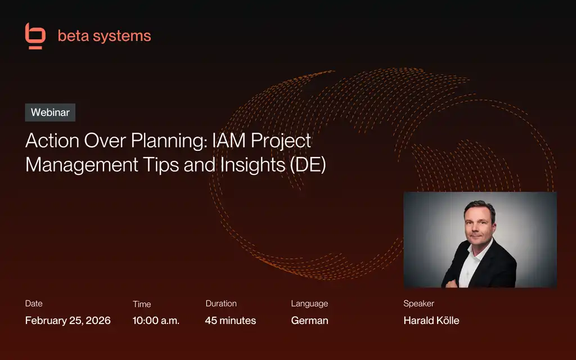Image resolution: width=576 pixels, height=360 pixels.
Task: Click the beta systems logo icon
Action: [x=35, y=36]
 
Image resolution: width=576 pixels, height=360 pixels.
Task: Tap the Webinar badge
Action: [x=50, y=112]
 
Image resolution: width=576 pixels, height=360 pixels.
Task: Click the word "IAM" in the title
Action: [x=228, y=141]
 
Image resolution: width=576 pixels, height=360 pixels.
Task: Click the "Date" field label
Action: [x=34, y=304]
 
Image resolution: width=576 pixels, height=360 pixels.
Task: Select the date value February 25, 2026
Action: [x=68, y=321]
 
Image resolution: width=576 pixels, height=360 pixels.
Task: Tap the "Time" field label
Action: [x=142, y=304]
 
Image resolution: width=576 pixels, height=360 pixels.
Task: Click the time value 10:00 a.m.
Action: [x=156, y=321]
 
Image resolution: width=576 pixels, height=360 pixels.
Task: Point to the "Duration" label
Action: [x=221, y=304]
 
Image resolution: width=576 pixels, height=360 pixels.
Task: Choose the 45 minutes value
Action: [x=231, y=321]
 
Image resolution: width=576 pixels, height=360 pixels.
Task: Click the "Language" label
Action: [x=309, y=304]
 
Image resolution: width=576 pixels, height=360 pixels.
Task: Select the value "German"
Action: [x=309, y=321]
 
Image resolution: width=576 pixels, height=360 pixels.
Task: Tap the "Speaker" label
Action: [x=418, y=304]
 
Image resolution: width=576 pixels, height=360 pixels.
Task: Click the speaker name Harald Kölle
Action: [x=431, y=321]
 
